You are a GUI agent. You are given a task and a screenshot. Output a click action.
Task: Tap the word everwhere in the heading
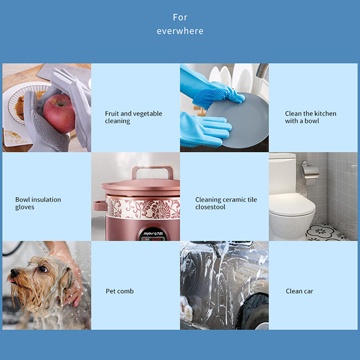pos(180,31)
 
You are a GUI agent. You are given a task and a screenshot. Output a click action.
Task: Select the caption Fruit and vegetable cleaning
pos(134,117)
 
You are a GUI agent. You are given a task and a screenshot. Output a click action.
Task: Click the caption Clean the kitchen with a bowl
pos(310,117)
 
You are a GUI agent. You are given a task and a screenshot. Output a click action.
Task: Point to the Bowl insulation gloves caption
pos(38,203)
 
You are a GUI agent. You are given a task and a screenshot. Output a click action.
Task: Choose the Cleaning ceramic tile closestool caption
pos(226,203)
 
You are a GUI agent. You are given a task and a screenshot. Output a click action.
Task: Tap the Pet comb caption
pos(120,291)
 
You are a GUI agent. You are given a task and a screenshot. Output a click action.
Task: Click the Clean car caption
pos(299,291)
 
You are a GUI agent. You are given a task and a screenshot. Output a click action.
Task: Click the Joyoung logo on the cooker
pos(153,234)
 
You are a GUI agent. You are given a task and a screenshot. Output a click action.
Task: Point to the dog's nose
pos(15,273)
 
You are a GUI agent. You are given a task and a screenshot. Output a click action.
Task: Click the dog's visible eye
pos(43,269)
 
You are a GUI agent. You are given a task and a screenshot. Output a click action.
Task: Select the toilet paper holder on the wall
pos(310,170)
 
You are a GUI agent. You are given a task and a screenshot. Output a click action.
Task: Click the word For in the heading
pos(180,17)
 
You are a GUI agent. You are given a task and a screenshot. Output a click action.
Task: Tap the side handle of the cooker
pos(99,206)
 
